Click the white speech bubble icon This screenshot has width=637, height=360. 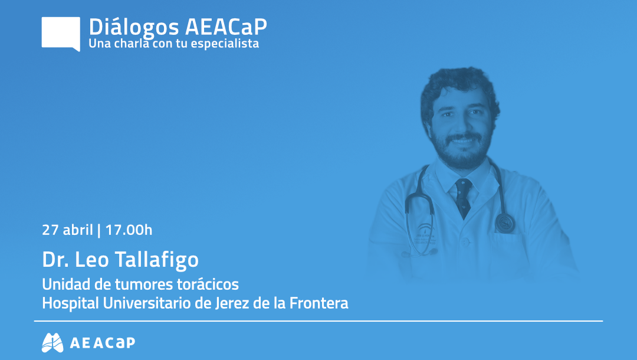point(61,33)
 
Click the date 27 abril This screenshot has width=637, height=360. point(66,230)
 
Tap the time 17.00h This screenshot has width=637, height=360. point(129,230)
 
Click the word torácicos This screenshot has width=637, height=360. point(208,284)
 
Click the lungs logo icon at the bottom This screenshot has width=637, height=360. point(52,342)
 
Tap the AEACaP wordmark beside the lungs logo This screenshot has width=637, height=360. point(102,343)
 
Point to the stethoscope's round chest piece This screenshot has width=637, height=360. point(505,222)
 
